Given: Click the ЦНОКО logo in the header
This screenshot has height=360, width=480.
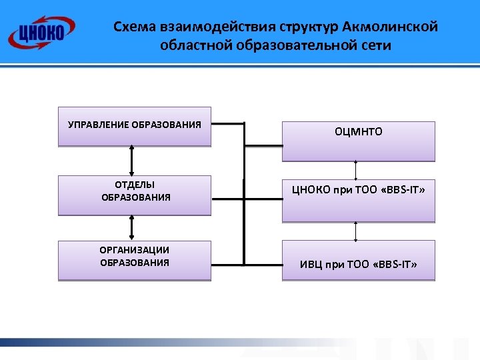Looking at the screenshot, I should pos(41,31).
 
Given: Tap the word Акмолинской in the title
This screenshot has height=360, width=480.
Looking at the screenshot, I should pos(389,27).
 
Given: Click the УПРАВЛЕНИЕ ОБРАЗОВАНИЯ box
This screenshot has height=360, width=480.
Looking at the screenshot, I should pos(135,126).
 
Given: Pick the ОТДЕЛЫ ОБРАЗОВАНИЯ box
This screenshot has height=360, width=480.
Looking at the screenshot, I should pos(135,195).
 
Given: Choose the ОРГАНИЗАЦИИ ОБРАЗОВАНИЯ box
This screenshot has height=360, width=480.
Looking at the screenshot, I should pos(135,260).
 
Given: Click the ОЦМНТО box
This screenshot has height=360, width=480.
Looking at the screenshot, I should pos(359,141).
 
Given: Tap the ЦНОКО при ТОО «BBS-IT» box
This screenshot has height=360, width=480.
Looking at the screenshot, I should pos(359,200).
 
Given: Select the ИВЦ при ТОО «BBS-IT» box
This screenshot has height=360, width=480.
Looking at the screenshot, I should pos(359,260).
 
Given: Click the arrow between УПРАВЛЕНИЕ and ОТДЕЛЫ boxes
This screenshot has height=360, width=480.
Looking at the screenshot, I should pos(133,161).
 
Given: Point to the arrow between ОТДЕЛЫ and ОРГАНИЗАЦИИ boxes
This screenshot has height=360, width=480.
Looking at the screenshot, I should pos(133,228).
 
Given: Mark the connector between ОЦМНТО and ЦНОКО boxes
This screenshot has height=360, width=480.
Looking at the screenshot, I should pos(356,171).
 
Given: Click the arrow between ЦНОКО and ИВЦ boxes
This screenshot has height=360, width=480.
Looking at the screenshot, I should pos(356,231).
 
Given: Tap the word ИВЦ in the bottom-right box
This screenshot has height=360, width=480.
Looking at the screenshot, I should pos(311,265).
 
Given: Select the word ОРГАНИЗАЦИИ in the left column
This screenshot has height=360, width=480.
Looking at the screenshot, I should pos(135,250).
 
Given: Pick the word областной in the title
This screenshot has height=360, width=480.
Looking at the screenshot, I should pos(189,46).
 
